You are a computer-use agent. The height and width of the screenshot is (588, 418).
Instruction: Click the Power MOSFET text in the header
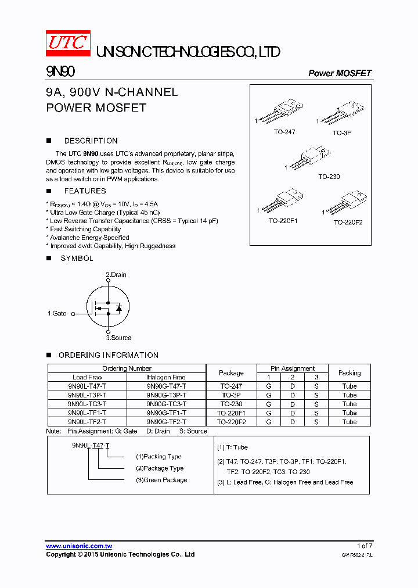[340, 73]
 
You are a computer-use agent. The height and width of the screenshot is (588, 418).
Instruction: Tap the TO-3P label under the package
[342, 133]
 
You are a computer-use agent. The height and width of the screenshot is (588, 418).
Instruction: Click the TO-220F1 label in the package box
[283, 221]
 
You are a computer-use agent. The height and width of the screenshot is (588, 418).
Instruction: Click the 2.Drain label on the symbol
[116, 275]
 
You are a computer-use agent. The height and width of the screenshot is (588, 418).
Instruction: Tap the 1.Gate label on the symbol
[57, 314]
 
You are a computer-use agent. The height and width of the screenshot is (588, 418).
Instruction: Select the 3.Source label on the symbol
[118, 338]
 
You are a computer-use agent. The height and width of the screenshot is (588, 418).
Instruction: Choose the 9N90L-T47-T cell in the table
[87, 386]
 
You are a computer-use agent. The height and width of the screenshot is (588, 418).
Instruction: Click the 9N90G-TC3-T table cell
[167, 404]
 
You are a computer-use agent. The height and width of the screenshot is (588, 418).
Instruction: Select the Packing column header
[349, 373]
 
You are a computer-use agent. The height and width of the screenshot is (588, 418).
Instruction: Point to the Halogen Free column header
[167, 378]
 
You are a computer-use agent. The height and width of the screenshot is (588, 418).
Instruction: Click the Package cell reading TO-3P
[232, 395]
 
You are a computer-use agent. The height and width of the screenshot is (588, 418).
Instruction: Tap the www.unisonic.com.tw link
[79, 546]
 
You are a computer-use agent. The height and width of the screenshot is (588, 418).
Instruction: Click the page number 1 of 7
[364, 546]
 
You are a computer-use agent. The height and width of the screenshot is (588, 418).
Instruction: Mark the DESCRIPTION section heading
[91, 141]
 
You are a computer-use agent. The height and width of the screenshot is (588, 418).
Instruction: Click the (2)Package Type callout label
[160, 468]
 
